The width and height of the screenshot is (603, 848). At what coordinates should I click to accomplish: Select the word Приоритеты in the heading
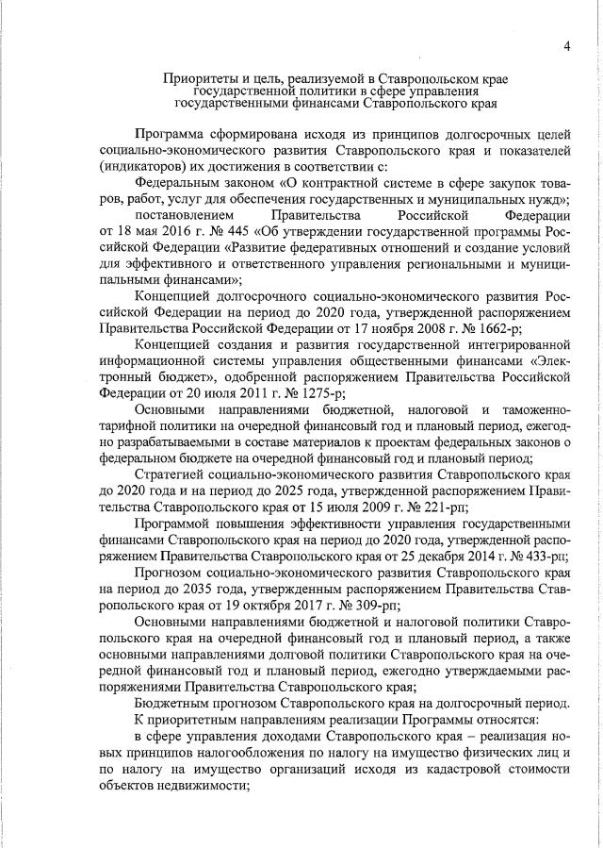click(200, 77)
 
